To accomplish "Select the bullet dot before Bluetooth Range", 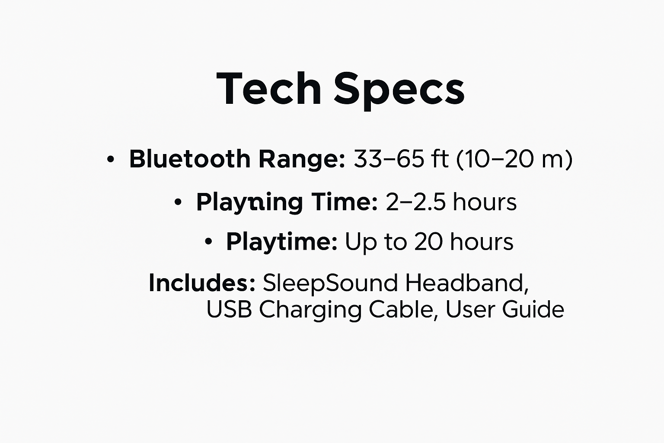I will click(111, 159).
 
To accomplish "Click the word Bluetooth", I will click(189, 159).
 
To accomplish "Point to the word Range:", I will click(301, 160).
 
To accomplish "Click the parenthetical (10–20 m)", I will click(514, 159).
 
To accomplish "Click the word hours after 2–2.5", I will click(485, 202).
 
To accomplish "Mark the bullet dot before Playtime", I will click(208, 241).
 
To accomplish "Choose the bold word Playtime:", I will click(281, 242).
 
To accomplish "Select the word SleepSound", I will click(330, 283).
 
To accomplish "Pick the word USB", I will click(229, 309).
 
